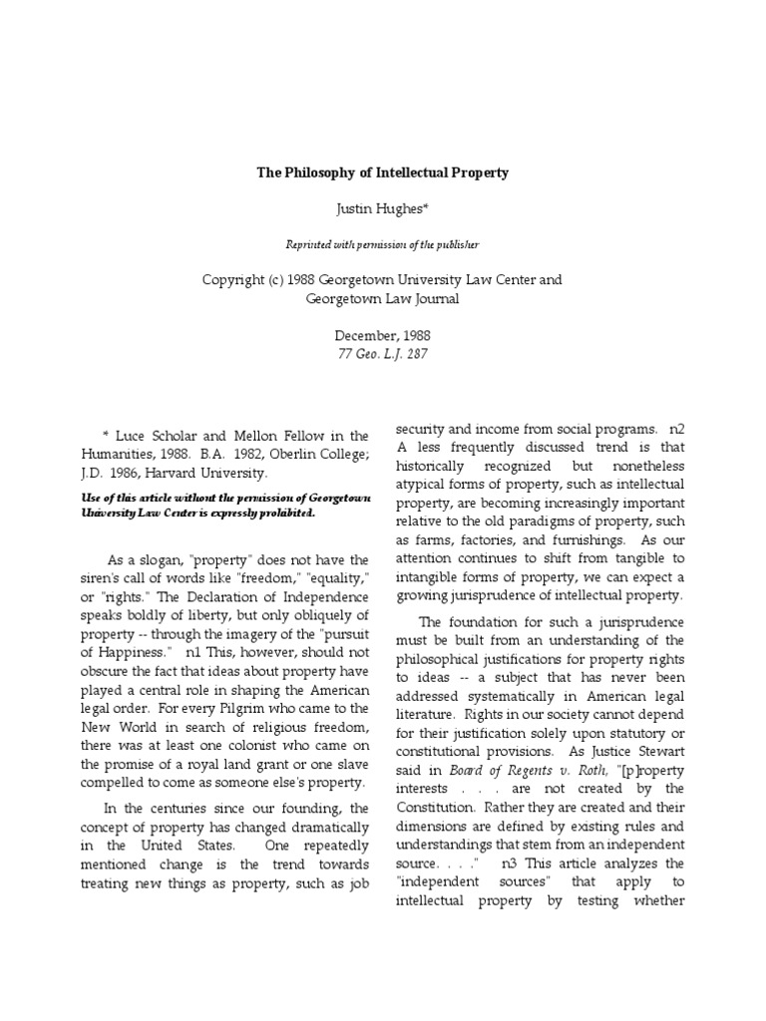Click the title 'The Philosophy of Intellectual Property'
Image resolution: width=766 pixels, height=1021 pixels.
382,172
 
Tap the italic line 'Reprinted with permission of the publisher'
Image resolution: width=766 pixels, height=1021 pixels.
382,243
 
